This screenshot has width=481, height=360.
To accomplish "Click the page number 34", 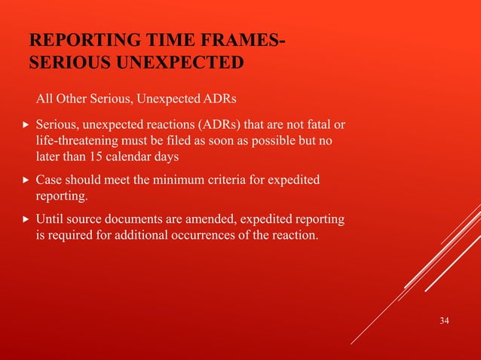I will point(444,322).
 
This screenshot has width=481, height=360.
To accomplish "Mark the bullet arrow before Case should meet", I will point(26,180).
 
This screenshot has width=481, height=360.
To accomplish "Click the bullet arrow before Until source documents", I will point(26,220).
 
